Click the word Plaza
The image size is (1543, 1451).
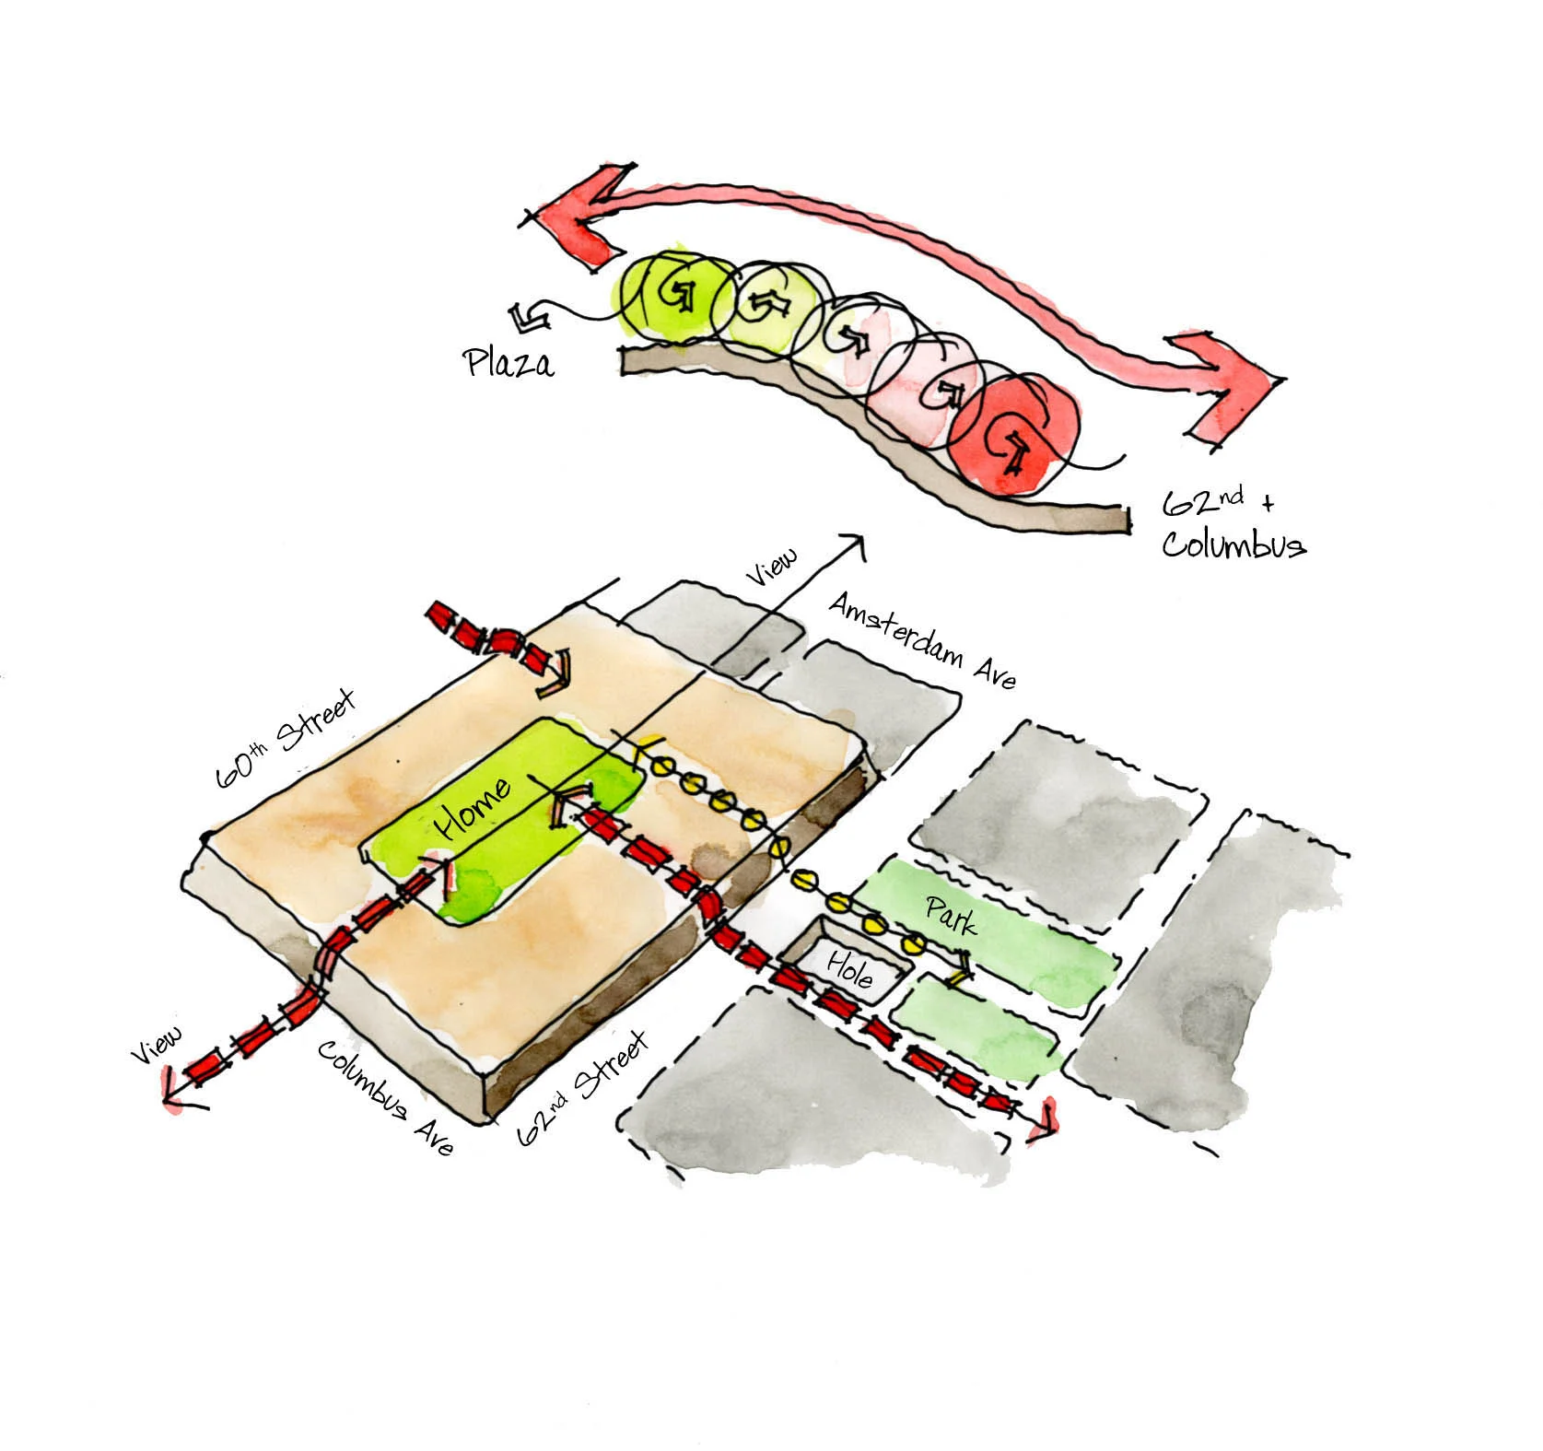click(509, 361)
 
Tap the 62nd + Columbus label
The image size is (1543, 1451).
click(1232, 524)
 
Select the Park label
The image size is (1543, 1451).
click(951, 916)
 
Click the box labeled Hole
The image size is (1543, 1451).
click(848, 969)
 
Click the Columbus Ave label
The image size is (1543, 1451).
click(385, 1097)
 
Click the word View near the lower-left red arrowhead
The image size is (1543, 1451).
click(157, 1045)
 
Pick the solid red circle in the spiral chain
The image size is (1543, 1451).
click(1014, 434)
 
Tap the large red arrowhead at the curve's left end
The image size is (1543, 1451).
click(576, 221)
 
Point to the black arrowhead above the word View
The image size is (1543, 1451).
click(856, 546)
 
